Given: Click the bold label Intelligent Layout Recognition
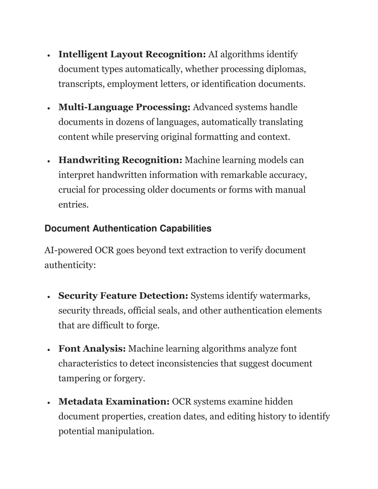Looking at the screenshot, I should [132, 55].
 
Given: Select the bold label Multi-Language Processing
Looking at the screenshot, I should [124, 107].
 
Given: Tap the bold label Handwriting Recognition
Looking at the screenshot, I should [120, 160].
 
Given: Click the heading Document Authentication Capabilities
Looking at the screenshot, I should [128, 228].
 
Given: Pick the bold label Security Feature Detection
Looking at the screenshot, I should [123, 296].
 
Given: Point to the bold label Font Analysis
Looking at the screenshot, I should [92, 349].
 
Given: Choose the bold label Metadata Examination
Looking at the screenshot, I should [114, 402].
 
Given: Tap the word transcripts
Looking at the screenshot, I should [82, 84].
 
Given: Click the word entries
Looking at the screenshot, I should [73, 204].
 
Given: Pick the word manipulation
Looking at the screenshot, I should [125, 431].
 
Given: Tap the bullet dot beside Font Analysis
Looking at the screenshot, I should [49, 349].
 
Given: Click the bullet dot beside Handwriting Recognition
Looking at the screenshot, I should [49, 161].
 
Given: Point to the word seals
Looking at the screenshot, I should [169, 311].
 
